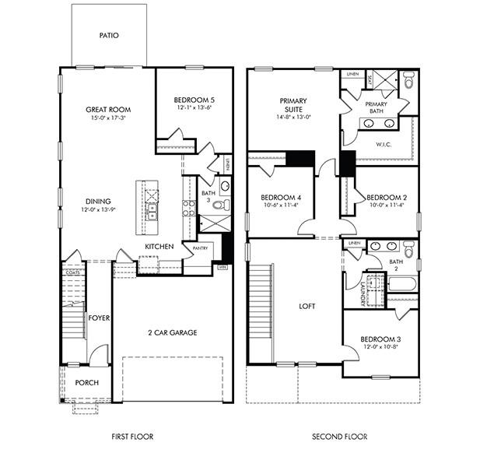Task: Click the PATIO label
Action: tap(109, 36)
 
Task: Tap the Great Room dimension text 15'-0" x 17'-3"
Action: tap(107, 119)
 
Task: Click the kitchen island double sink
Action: tap(152, 208)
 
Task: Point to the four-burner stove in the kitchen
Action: tap(188, 208)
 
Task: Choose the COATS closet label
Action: tap(73, 272)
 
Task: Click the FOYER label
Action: tap(98, 318)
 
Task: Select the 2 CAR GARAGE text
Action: tap(172, 332)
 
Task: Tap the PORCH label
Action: tap(87, 384)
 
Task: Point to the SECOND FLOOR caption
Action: tap(339, 437)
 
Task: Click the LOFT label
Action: tap(307, 307)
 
